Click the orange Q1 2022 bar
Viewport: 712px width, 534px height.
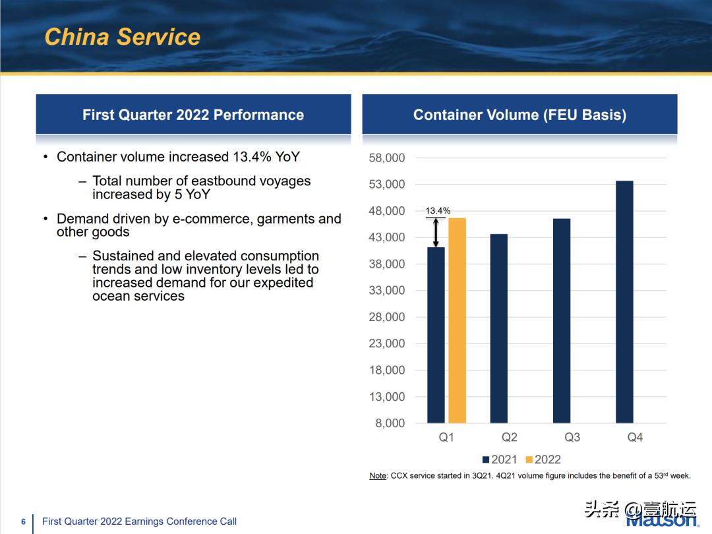click(x=457, y=320)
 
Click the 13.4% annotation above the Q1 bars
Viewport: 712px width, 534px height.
click(x=438, y=211)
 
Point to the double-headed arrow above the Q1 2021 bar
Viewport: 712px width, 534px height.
click(x=436, y=232)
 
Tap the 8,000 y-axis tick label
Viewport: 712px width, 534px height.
click(x=390, y=423)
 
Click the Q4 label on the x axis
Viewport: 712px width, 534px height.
click(x=635, y=437)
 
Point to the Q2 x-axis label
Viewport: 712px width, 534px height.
click(x=509, y=437)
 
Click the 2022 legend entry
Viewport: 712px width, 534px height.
click(x=543, y=460)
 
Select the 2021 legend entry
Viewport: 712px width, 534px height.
click(x=500, y=460)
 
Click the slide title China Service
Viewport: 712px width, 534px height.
click(x=122, y=36)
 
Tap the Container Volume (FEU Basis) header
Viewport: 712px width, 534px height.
click(x=519, y=115)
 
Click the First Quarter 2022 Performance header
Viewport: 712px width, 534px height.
click(x=193, y=115)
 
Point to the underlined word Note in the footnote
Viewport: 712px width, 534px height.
click(x=378, y=475)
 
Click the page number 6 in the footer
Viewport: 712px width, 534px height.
click(x=23, y=521)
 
